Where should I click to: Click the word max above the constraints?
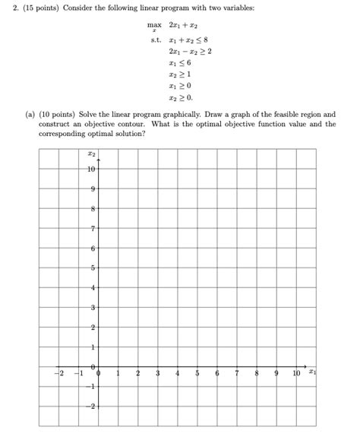[155, 25]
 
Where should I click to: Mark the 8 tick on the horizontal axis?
[257, 373]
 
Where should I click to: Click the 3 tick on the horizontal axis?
[158, 373]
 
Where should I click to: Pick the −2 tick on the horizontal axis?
[57, 373]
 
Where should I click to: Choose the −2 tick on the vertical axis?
[91, 407]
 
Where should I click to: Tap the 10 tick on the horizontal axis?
[295, 373]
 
